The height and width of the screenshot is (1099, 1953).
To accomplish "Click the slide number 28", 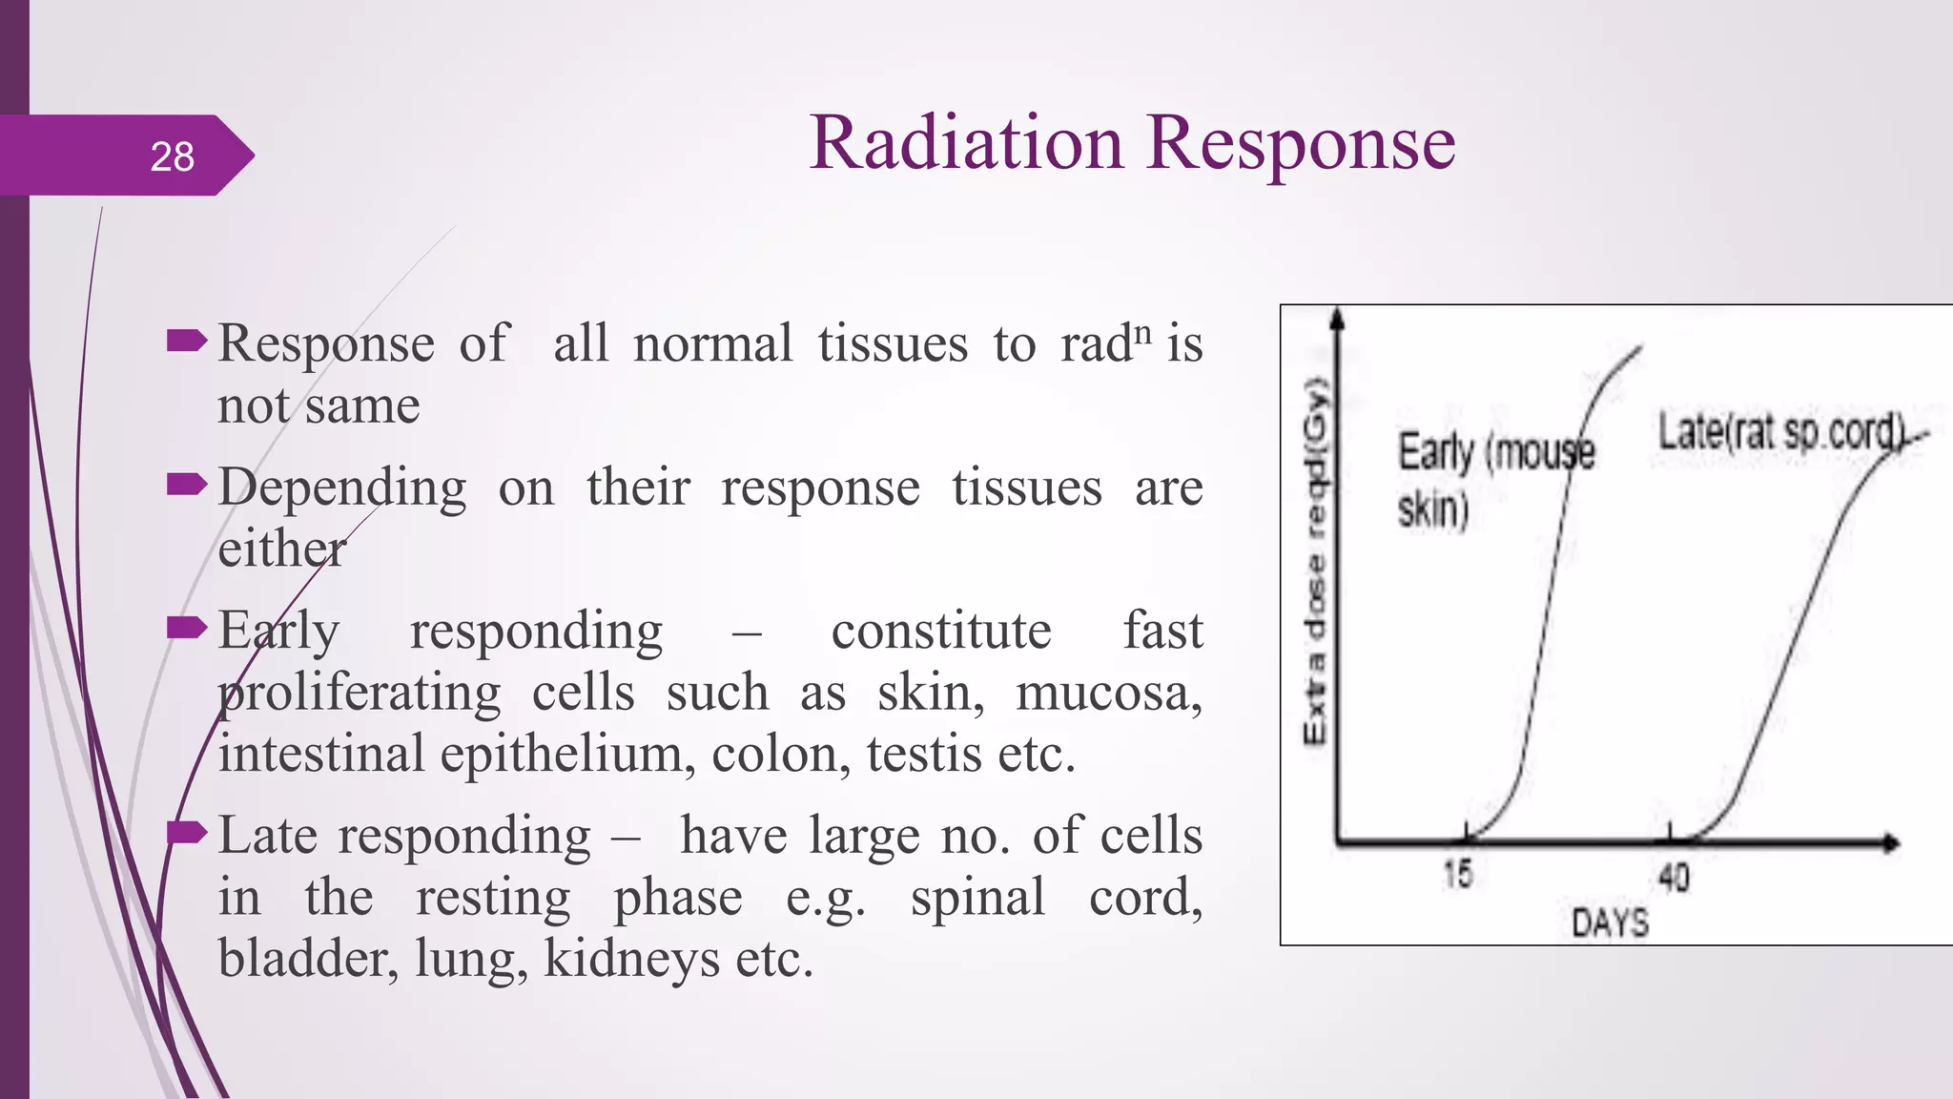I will point(172,156).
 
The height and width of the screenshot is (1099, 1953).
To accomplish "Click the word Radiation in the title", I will point(965,143).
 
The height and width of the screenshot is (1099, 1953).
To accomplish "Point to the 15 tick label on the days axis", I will point(1457,874).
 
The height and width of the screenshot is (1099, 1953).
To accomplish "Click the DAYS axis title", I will point(1610,923).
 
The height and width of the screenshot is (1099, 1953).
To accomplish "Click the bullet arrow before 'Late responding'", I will point(186,833).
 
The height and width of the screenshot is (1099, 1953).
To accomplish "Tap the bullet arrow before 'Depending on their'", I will point(186,485).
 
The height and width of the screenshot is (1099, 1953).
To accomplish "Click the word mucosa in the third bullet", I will point(1107,693).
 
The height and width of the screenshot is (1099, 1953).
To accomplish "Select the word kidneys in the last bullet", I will point(630,960).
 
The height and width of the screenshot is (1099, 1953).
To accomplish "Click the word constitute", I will point(940,632).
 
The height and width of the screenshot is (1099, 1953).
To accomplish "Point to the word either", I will point(281,549).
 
